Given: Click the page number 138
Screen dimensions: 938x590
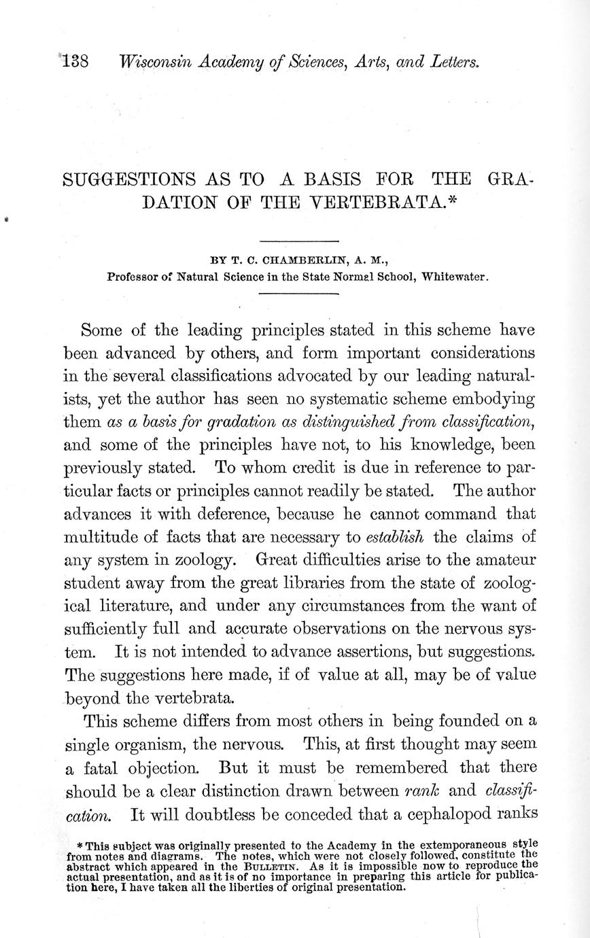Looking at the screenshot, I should coord(75,62).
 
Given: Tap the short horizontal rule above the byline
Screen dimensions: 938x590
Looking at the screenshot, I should coord(298,241).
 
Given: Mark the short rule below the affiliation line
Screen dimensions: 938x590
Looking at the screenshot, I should coord(298,293).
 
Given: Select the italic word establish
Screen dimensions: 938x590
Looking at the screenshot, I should coord(395,537).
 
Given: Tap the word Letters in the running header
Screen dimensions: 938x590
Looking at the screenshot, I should coord(455,62).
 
